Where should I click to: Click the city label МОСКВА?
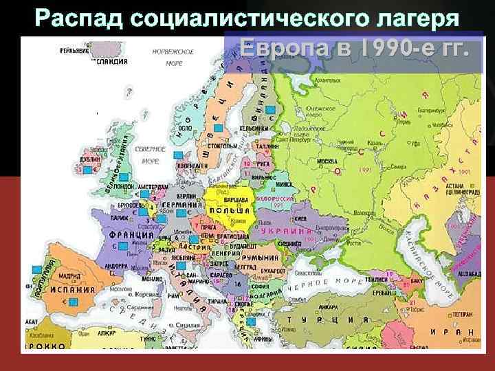(325, 161)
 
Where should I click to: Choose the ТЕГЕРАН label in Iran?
(462, 314)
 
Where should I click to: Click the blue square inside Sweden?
(218, 128)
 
